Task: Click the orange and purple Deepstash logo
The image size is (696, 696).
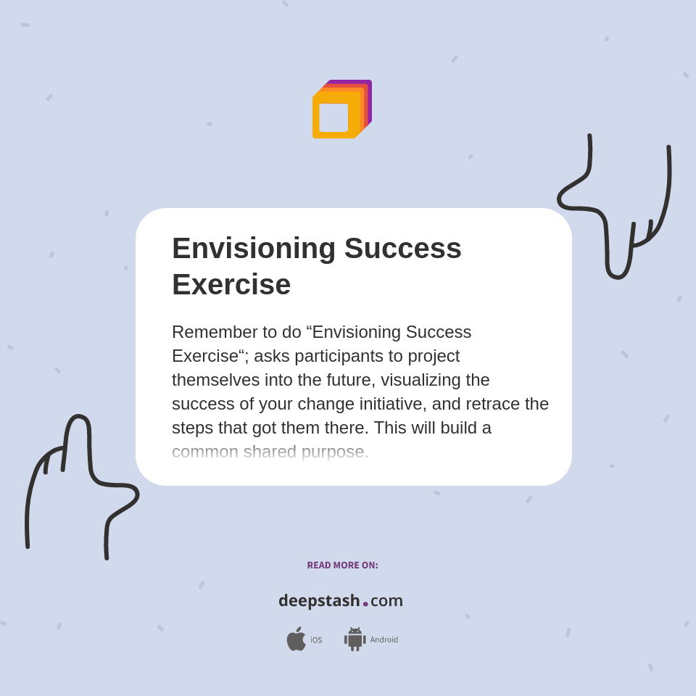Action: (341, 109)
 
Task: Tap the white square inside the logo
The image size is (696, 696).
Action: (333, 117)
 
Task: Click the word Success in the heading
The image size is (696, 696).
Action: (402, 248)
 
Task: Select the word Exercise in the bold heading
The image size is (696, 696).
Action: (231, 284)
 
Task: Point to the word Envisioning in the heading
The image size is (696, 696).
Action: (254, 248)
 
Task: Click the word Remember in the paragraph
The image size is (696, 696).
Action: (215, 332)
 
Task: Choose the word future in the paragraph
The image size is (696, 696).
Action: (345, 380)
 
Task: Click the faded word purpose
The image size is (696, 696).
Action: (334, 452)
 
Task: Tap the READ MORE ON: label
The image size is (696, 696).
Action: (342, 565)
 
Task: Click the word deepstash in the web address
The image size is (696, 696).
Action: (319, 601)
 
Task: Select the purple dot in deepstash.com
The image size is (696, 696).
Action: (365, 604)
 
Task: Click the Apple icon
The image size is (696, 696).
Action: (296, 639)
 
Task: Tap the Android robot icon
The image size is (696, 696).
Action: (355, 639)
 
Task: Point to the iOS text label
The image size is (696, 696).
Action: (316, 640)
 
